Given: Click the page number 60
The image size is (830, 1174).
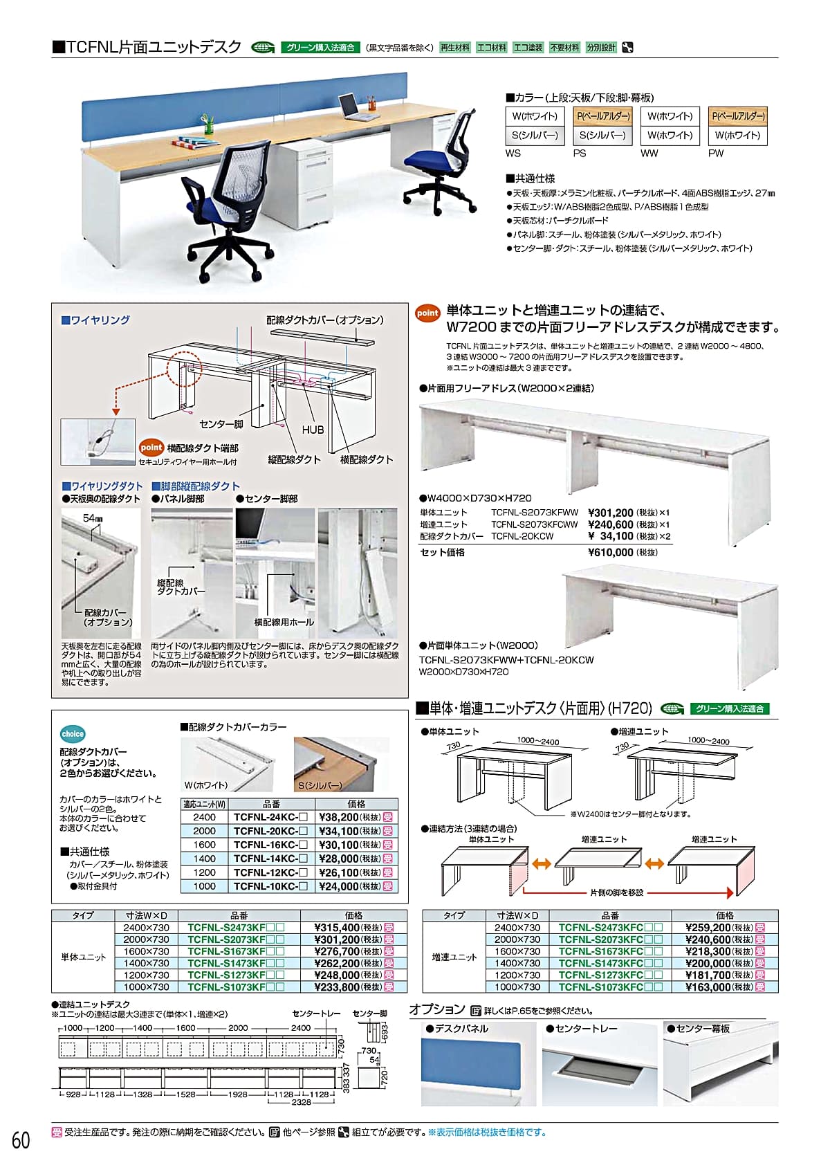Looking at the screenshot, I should click(21, 1140).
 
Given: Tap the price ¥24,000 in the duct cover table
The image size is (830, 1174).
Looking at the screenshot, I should click(338, 886).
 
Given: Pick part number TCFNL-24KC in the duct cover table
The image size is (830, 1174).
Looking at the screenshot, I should click(266, 817).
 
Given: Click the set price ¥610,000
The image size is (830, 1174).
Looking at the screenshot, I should click(610, 552).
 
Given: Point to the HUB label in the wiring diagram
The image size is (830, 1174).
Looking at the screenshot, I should click(313, 430).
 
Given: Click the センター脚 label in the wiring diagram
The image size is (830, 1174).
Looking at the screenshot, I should click(221, 424).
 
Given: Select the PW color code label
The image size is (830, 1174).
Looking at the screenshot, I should click(716, 154).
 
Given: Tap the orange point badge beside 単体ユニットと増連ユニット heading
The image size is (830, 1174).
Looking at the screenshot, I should click(427, 313).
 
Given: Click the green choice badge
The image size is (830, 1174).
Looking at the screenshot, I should click(73, 734).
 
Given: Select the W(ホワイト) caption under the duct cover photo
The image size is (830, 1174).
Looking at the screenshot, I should click(206, 785).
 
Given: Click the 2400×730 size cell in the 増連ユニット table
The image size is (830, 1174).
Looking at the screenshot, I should click(517, 928).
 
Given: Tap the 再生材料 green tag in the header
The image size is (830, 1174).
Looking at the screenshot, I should click(454, 48).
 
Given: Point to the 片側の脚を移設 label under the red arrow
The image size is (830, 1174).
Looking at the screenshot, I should click(616, 892).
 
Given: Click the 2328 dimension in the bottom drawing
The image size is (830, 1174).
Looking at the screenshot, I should click(301, 1103).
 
